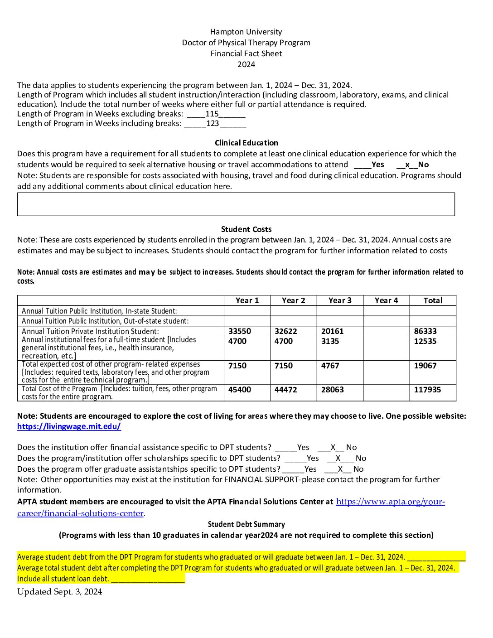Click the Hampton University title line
246,32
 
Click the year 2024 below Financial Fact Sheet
246,64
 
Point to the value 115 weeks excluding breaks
212,114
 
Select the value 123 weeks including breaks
213,123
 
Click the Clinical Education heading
246,143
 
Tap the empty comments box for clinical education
236,204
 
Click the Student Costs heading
246,229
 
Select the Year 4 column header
386,300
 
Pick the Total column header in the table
433,300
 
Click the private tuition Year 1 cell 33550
240,331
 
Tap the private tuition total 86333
425,331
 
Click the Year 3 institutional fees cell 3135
330,341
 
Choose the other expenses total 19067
425,366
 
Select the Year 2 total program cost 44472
286,390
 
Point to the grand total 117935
427,390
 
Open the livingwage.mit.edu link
69,426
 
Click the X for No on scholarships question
338,458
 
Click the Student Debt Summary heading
246,524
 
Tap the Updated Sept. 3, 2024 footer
59,592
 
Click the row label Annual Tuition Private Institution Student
90,331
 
